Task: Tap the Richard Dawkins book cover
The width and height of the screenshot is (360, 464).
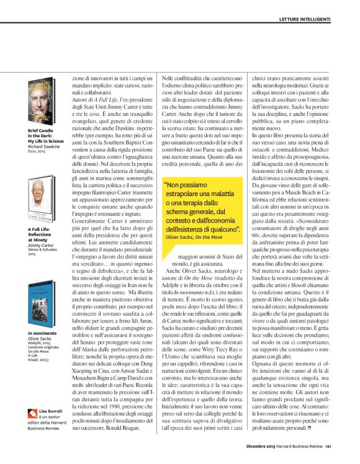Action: tap(42, 96)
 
